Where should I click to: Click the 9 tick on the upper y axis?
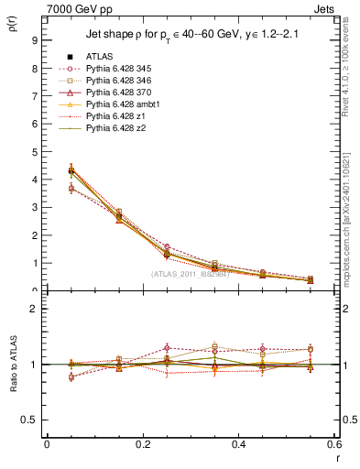click(x=33, y=40)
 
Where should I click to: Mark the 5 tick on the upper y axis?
click(x=33, y=152)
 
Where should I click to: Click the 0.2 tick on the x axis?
click(x=142, y=444)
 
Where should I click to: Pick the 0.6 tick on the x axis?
click(x=334, y=444)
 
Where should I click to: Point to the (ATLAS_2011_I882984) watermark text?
click(x=190, y=275)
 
